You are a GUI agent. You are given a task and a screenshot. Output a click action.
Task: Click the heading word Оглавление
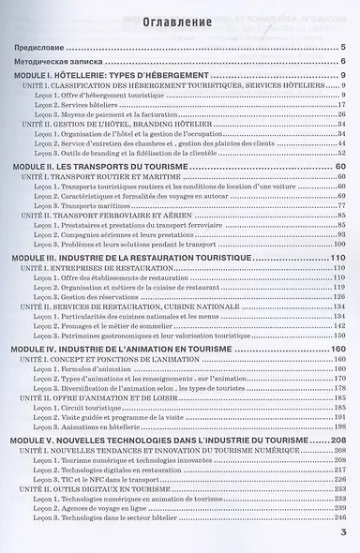179,23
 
